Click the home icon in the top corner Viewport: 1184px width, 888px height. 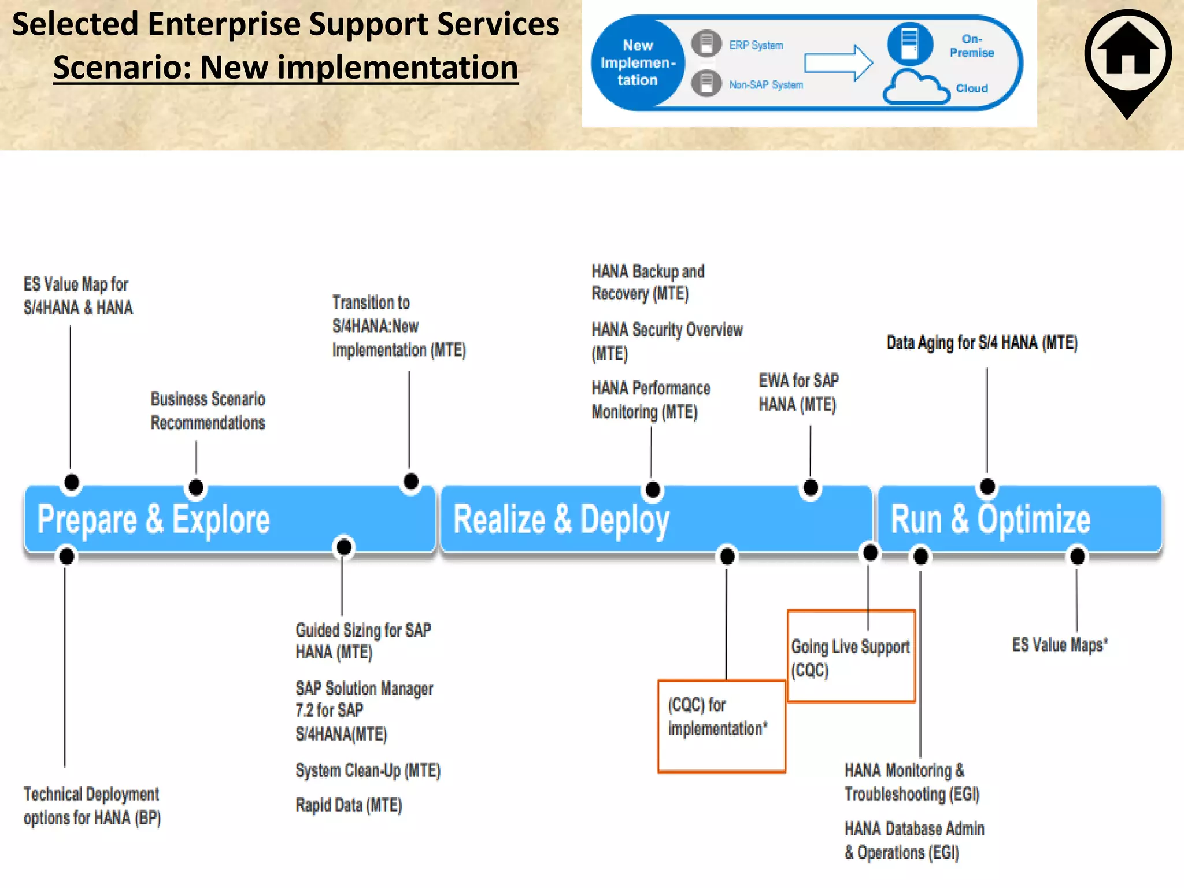click(x=1127, y=55)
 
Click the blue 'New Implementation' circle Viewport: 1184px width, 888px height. click(x=637, y=62)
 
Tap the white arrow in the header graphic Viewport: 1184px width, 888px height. click(x=839, y=62)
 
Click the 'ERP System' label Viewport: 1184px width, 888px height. click(x=756, y=45)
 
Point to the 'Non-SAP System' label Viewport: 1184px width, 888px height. click(x=765, y=85)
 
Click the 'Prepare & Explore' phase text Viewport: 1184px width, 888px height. click(x=154, y=519)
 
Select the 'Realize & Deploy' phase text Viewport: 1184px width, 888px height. click(x=561, y=519)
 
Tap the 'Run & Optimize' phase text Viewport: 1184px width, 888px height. click(x=990, y=519)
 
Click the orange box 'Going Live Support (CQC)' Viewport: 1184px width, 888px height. click(x=850, y=657)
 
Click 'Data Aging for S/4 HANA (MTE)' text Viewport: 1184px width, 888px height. click(x=982, y=342)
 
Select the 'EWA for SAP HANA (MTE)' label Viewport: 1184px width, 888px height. click(x=798, y=393)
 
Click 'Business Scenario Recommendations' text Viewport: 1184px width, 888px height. click(x=208, y=410)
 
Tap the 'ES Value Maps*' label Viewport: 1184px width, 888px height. click(x=1059, y=645)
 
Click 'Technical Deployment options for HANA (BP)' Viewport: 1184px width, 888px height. click(x=91, y=806)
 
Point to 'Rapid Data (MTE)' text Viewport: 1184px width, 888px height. click(x=349, y=805)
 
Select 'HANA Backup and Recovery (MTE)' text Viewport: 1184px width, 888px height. click(x=647, y=282)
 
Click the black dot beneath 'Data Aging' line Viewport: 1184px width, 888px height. click(x=987, y=487)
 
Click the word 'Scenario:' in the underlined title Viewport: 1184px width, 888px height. click(x=123, y=68)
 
